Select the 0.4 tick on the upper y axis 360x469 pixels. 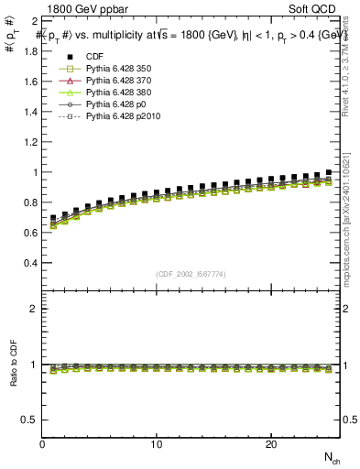pos(30,263)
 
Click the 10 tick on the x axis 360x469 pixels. pos(157,444)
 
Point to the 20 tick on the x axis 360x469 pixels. pos(271,444)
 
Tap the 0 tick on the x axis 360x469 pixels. pos(42,444)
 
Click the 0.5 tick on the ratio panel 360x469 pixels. pos(30,420)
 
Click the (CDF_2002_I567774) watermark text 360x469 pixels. pos(191,274)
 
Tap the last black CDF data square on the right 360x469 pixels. pos(329,172)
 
